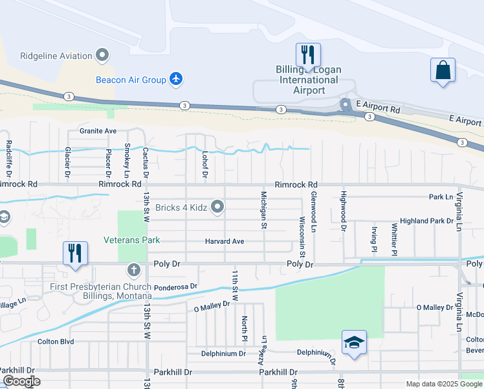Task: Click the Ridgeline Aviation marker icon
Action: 102,56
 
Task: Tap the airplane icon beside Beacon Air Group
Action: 175,80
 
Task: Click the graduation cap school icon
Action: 354,342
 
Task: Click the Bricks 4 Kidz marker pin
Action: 218,207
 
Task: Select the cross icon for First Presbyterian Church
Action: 134,269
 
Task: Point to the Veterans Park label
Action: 131,240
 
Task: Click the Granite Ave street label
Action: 98,130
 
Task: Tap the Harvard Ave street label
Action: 225,241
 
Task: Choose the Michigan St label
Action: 264,209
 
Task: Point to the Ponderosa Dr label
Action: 175,287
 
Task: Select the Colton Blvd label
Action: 57,341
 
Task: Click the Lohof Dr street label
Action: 204,164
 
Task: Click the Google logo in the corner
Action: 21,382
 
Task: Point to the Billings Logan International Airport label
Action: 309,80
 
